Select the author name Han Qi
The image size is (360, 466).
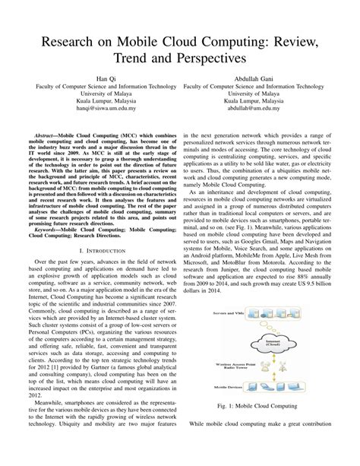coord(100,78)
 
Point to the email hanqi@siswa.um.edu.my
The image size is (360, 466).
coord(100,109)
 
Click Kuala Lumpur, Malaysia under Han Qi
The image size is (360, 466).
coord(100,99)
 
